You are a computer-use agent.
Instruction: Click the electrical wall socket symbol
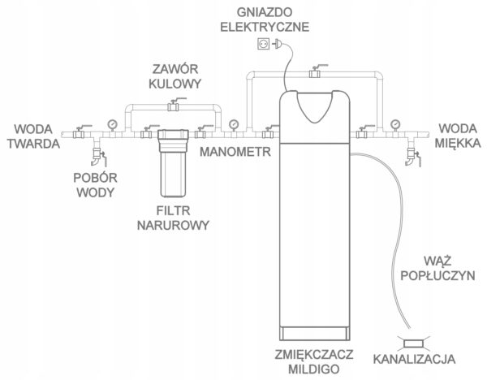tap(263, 44)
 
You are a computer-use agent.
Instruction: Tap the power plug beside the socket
tap(277, 44)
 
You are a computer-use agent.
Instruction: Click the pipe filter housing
tap(173, 163)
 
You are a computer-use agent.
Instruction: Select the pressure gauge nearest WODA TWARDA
tap(113, 125)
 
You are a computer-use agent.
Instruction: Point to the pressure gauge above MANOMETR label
tap(234, 125)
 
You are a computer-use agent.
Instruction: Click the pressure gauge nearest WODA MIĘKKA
tap(395, 125)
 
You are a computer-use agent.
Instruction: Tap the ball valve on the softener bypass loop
tap(315, 72)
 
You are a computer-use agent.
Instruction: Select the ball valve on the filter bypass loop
tap(174, 105)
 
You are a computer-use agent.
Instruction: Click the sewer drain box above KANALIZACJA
tap(414, 343)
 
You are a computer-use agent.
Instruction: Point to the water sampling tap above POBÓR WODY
tap(98, 155)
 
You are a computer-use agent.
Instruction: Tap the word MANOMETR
tap(235, 152)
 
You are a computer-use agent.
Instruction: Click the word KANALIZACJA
tap(414, 359)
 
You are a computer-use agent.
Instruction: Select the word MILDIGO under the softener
tap(313, 369)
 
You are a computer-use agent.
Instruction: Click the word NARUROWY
tap(173, 225)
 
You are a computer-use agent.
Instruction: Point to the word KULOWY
tap(175, 84)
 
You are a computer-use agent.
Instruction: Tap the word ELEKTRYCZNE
tap(265, 27)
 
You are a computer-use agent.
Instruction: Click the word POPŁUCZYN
tap(437, 275)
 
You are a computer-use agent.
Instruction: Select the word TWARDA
tap(33, 144)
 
